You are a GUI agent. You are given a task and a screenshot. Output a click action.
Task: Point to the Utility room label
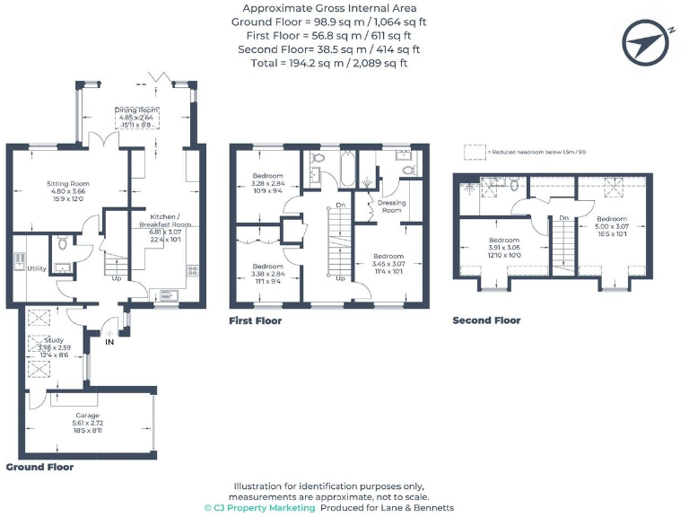click(x=37, y=268)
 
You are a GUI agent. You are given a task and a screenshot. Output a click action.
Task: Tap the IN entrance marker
click(x=110, y=342)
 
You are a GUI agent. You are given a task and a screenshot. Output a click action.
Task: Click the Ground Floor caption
click(x=39, y=468)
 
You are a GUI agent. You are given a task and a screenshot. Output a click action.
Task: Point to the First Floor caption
click(x=255, y=320)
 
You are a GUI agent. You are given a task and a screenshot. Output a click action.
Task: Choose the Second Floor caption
click(x=486, y=320)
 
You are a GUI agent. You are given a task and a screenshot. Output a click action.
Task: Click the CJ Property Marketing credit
click(x=260, y=508)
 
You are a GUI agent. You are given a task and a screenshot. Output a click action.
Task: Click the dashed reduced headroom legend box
click(x=474, y=153)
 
